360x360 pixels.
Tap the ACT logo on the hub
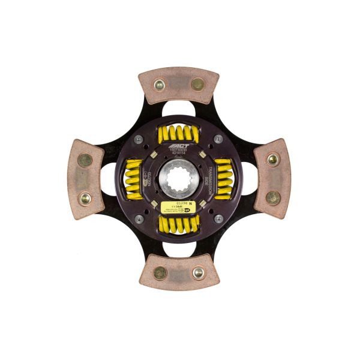click(x=180, y=146)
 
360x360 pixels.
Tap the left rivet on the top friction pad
click(x=160, y=85)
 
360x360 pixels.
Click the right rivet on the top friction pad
click(x=197, y=84)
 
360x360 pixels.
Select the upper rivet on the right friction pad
click(x=272, y=159)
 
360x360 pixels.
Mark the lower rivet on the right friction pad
click(x=273, y=197)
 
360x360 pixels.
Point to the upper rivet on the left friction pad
click(x=86, y=160)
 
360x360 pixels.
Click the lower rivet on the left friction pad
click(x=86, y=197)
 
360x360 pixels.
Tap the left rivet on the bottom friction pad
click(x=160, y=273)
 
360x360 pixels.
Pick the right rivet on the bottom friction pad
click(x=197, y=273)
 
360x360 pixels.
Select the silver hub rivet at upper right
click(x=218, y=139)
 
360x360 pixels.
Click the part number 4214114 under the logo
click(x=179, y=155)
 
